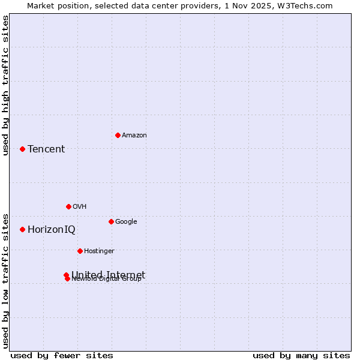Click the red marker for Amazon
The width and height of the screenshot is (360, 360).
coord(118,135)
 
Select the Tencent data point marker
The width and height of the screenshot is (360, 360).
coord(22,149)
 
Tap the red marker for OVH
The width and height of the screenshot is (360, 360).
coord(68,206)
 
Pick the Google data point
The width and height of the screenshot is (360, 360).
coord(111,221)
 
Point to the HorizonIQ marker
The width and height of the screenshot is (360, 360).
coord(22,229)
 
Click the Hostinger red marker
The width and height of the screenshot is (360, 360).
coord(80,251)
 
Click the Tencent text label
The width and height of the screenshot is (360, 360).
coord(46,149)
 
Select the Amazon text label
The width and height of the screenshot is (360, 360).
coord(134,135)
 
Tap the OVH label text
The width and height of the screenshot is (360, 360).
coord(80,206)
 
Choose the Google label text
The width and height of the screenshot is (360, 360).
coord(126,221)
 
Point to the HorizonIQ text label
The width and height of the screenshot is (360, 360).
coord(52,229)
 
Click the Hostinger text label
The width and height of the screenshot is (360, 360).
coord(99,251)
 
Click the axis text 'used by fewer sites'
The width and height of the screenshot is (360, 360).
coord(62,355)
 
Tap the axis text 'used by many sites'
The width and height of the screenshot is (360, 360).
coord(301,355)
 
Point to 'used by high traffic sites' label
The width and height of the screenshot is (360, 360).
coord(5,85)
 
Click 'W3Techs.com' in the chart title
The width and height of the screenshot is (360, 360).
coord(308,5)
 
